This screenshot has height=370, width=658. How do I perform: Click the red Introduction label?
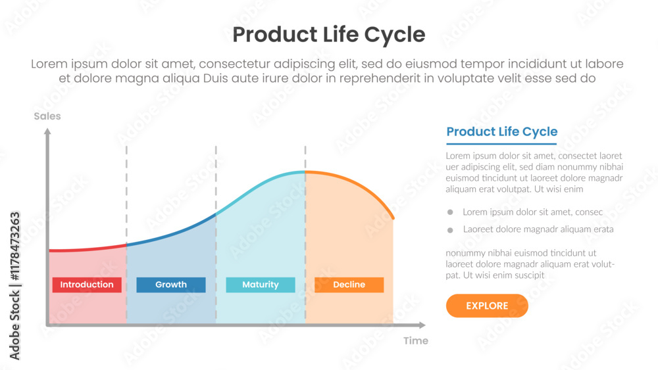pyautogui.click(x=87, y=285)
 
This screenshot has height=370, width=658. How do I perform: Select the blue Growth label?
pyautogui.click(x=171, y=285)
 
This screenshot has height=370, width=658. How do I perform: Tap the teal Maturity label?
pyautogui.click(x=261, y=285)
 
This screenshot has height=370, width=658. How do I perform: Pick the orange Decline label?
pyautogui.click(x=349, y=285)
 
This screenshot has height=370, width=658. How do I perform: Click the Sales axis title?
pyautogui.click(x=47, y=116)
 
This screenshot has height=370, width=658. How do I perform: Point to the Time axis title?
pyautogui.click(x=416, y=340)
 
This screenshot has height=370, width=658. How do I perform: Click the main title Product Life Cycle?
pyautogui.click(x=329, y=34)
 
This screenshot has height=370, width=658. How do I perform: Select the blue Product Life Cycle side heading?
pyautogui.click(x=501, y=131)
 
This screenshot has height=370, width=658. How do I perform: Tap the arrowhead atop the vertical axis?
pyautogui.click(x=47, y=131)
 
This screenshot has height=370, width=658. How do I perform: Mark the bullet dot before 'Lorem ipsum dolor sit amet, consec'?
pyautogui.click(x=450, y=212)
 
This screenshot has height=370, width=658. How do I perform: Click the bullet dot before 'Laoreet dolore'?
pyautogui.click(x=450, y=230)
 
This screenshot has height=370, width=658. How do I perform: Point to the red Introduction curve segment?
pyautogui.click(x=86, y=250)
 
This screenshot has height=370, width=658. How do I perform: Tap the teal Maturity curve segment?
pyautogui.click(x=260, y=184)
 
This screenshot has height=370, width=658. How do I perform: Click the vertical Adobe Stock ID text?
pyautogui.click(x=14, y=286)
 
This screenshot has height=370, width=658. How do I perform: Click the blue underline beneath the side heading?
pyautogui.click(x=501, y=144)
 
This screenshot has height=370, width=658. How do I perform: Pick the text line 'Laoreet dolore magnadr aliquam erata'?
pyautogui.click(x=538, y=229)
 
